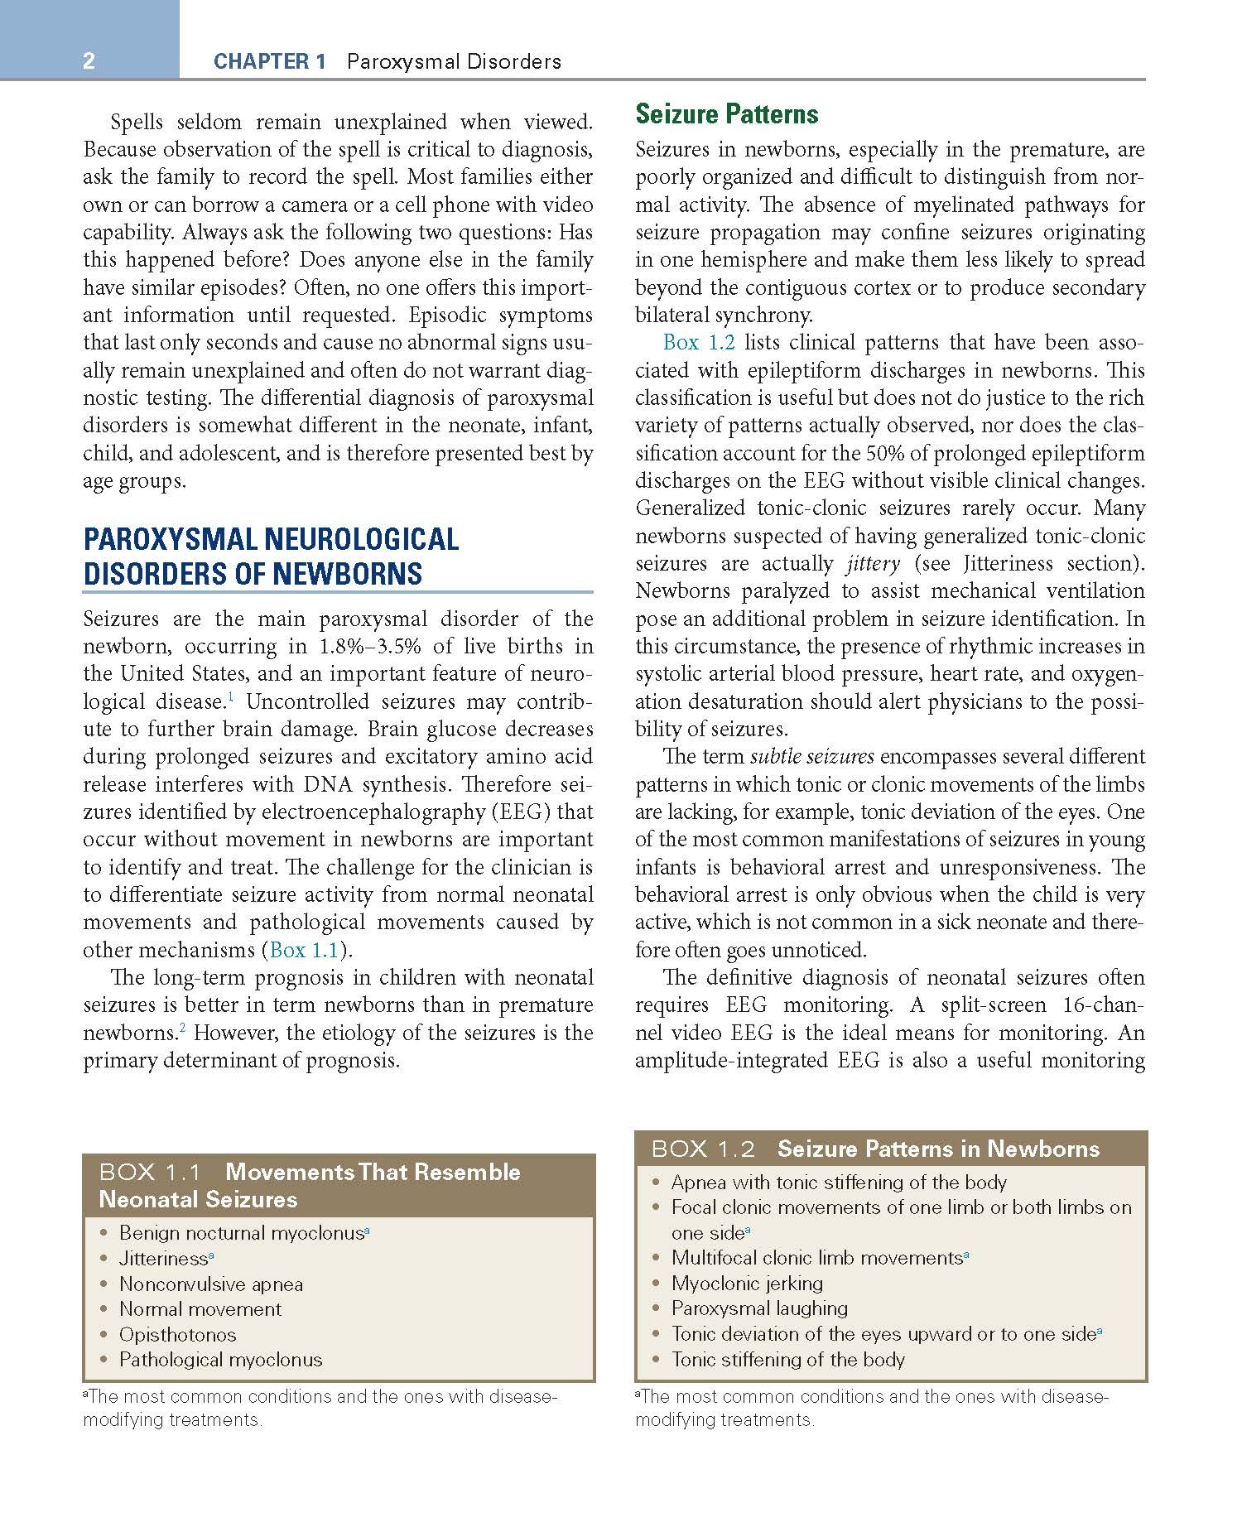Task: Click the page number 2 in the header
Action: [89, 61]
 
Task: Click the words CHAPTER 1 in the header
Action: [269, 61]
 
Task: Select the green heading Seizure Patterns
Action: [726, 114]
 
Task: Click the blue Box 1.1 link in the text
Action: [304, 950]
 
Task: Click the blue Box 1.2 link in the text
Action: [698, 343]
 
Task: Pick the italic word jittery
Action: [873, 564]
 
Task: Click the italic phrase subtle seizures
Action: [811, 757]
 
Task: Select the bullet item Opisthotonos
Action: [177, 1335]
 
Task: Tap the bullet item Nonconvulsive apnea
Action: [210, 1284]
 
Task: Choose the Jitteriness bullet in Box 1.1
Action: [163, 1259]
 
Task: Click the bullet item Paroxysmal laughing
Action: [759, 1308]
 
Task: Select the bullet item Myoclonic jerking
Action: [747, 1284]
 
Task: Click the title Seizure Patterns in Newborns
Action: [938, 1149]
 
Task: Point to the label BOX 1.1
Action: [150, 1173]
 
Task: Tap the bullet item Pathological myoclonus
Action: [220, 1360]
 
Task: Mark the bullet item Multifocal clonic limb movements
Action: [816, 1258]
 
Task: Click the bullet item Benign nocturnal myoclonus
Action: [241, 1233]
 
